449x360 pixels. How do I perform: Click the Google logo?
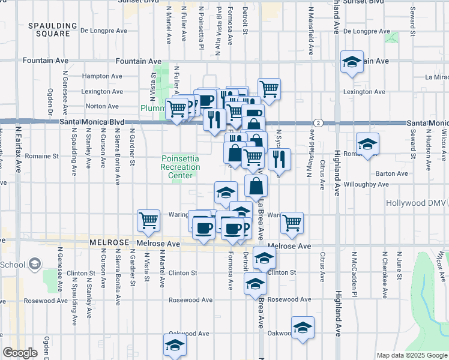tap(20, 353)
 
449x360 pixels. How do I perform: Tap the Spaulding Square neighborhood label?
tap(49, 30)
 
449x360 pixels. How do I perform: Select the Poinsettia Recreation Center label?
tap(180, 167)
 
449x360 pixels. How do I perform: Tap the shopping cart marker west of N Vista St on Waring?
tap(148, 220)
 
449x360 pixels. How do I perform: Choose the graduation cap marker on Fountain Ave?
tap(352, 62)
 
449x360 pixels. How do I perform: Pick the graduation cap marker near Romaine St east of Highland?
tap(367, 144)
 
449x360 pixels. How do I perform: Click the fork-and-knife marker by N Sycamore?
tap(279, 159)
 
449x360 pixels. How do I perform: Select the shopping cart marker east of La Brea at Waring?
tap(292, 223)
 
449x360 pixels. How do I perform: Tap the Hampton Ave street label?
tap(101, 76)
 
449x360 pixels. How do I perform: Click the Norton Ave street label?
tap(103, 106)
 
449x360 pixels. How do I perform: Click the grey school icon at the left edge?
tap(34, 263)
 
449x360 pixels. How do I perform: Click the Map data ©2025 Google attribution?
tap(412, 355)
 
